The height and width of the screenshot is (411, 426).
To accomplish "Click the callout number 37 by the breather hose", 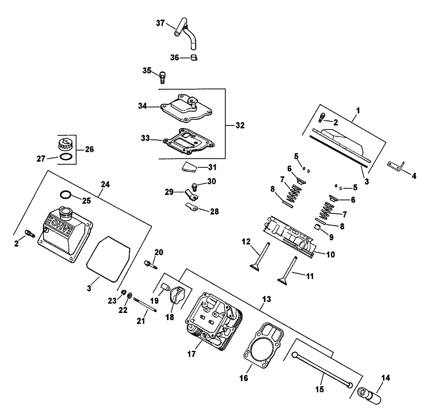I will (160, 23).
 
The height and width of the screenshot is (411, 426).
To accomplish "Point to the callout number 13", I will (266, 299).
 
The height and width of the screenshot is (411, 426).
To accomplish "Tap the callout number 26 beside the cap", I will (90, 149).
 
